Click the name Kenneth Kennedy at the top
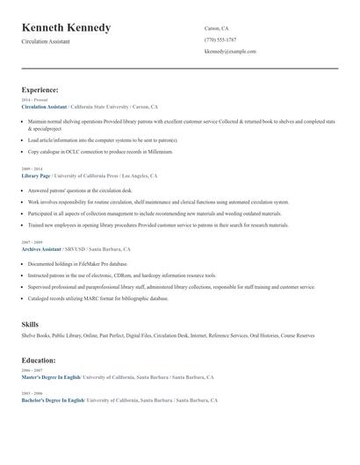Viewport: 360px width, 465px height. pyautogui.click(x=67, y=28)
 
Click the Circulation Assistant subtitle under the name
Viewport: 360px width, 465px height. pyautogui.click(x=48, y=42)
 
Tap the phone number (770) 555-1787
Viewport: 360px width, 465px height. pyautogui.click(x=220, y=39)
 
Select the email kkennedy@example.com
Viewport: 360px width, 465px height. pyautogui.click(x=230, y=52)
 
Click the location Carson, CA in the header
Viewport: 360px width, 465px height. pyautogui.click(x=217, y=28)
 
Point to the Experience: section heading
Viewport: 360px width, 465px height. pyautogui.click(x=40, y=89)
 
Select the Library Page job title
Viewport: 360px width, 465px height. pyautogui.click(x=36, y=175)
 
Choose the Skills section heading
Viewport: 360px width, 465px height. pyautogui.click(x=30, y=325)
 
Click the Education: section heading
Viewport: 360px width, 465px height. pyautogui.click(x=40, y=360)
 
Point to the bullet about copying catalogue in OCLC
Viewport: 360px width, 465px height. pyautogui.click(x=100, y=152)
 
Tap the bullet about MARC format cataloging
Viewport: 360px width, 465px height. pyautogui.click(x=97, y=298)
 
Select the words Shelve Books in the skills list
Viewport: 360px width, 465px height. pyautogui.click(x=35, y=335)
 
